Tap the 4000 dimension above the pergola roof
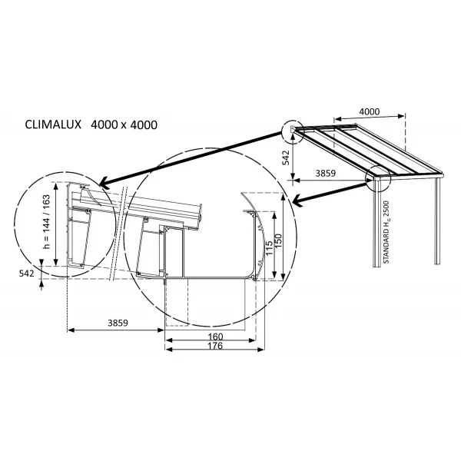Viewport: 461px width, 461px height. click(x=370, y=111)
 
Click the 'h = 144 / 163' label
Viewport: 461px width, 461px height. click(x=46, y=224)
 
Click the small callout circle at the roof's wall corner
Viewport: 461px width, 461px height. click(x=293, y=133)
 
